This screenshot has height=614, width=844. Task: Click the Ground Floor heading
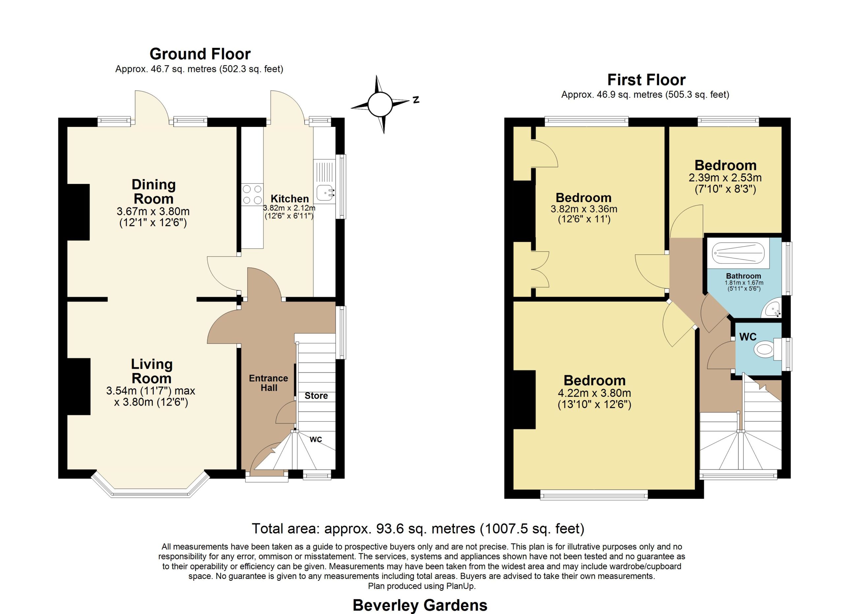pyautogui.click(x=200, y=54)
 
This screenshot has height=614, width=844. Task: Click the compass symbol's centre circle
pyautogui.click(x=380, y=104)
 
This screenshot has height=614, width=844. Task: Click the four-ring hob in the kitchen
pyautogui.click(x=252, y=195)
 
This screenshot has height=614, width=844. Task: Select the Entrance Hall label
pyautogui.click(x=268, y=383)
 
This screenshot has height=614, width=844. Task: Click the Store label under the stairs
pyautogui.click(x=316, y=396)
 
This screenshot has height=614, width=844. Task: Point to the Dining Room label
pyautogui.click(x=153, y=191)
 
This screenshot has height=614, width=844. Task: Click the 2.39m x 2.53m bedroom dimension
pyautogui.click(x=725, y=177)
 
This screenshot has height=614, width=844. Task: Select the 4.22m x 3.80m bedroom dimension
pyautogui.click(x=594, y=393)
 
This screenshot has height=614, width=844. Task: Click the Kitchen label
pyautogui.click(x=289, y=199)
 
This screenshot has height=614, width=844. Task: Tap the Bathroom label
pyautogui.click(x=743, y=276)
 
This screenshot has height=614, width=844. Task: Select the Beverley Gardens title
pyautogui.click(x=420, y=605)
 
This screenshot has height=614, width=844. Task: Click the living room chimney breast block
pyautogui.click(x=79, y=386)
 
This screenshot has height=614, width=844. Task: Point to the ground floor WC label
pyautogui.click(x=316, y=440)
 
